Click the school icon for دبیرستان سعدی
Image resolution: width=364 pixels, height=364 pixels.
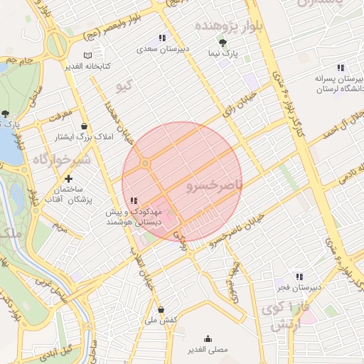tap(161, 38)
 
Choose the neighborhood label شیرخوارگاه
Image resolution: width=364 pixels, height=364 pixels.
tap(62, 160)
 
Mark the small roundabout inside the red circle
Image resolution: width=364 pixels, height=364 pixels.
tap(145, 164)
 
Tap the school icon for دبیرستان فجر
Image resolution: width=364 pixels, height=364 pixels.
tap(299, 276)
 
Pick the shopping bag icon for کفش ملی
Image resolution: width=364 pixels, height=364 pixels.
tap(162, 309)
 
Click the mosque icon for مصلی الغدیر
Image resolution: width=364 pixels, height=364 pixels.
tap(208, 339)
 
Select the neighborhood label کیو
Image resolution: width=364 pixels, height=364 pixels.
tap(125, 87)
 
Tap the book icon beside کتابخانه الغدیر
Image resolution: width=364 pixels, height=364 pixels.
tap(87, 55)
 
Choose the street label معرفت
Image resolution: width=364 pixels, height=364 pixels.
tap(62, 113)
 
